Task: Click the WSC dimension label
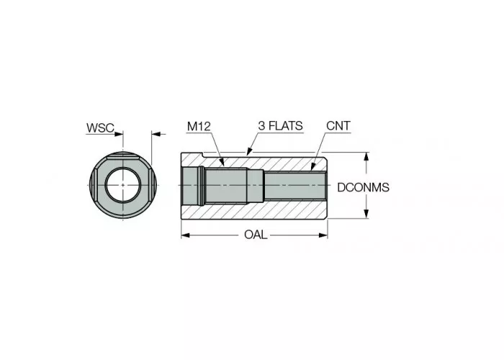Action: (100, 127)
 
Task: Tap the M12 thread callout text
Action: (198, 126)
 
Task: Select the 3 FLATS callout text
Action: (280, 126)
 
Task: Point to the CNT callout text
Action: (338, 126)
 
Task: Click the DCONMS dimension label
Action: (363, 187)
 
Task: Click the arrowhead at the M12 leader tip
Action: (225, 164)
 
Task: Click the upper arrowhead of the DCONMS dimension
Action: (368, 156)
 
